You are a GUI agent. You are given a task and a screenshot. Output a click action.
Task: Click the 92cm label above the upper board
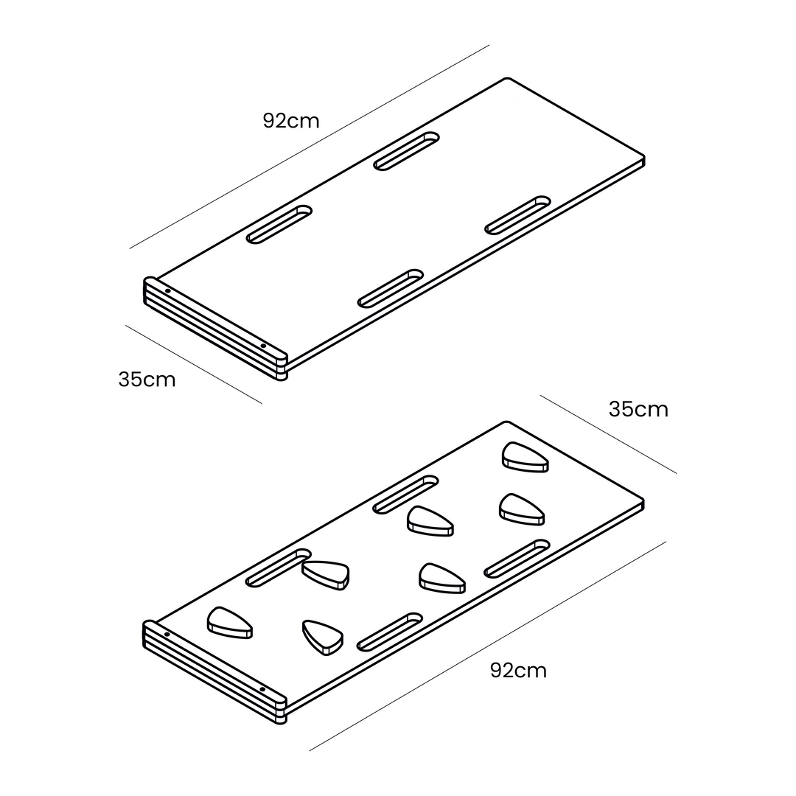click(x=291, y=121)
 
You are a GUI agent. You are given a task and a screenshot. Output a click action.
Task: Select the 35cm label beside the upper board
click(x=147, y=380)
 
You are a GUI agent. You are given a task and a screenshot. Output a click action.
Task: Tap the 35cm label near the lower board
click(x=638, y=409)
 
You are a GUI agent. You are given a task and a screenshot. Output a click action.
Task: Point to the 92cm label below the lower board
click(x=519, y=671)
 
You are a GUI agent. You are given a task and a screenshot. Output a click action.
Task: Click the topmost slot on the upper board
click(x=407, y=151)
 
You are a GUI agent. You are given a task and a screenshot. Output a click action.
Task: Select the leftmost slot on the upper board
click(x=279, y=224)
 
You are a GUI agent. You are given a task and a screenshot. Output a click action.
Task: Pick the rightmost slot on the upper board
click(x=518, y=215)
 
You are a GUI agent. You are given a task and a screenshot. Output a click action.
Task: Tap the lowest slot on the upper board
click(x=391, y=288)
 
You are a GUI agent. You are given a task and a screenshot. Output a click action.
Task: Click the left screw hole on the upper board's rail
click(x=167, y=291)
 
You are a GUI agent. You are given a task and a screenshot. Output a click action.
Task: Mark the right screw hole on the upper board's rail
click(x=263, y=346)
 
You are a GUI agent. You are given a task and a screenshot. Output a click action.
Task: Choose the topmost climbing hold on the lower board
click(x=526, y=457)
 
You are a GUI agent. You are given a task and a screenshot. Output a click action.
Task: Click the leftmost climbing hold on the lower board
click(x=229, y=622)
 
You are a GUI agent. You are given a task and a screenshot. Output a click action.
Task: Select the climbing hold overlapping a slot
click(x=326, y=575)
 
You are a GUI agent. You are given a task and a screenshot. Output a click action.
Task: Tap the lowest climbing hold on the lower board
click(x=323, y=637)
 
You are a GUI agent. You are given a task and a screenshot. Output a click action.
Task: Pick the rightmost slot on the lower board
click(x=517, y=559)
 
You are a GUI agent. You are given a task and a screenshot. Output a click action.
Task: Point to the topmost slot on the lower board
click(x=406, y=495)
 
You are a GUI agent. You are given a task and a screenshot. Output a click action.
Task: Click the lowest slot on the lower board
click(x=390, y=632)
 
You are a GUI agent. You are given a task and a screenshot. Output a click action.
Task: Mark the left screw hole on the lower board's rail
click(x=167, y=635)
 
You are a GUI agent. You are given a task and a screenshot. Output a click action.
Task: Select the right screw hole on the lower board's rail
click(x=262, y=689)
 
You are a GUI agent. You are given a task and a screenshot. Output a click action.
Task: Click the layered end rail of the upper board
click(x=215, y=329)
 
